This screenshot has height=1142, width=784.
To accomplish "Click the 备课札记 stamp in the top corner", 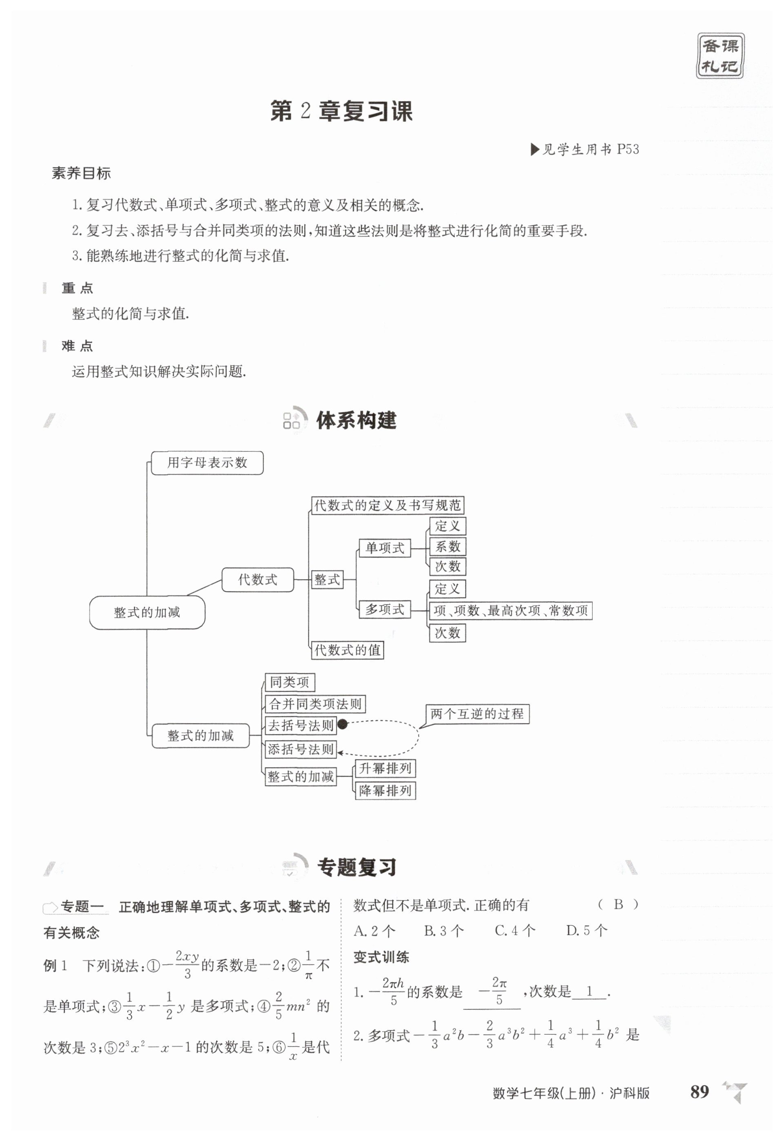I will coord(720,56).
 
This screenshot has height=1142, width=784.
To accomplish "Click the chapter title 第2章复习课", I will coord(341,111).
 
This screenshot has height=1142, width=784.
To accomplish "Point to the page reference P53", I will coord(628,149).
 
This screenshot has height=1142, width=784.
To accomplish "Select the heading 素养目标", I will coord(81,173).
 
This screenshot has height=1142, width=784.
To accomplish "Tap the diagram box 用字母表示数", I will coord(207,463).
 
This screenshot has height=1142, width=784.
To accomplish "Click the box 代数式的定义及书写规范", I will coord(388,505).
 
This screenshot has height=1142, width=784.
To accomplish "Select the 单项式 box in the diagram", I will coord(384,548).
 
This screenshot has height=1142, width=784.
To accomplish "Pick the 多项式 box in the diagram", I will coord(384,610).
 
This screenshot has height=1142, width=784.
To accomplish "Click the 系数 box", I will coord(447,547).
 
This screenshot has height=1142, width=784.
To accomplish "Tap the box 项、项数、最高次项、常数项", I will coord(510,611).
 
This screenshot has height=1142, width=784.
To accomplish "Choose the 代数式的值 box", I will coord(348,650).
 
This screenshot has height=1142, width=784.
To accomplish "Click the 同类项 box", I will coord(290,682).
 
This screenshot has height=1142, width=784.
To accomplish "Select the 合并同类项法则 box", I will coord(315,704).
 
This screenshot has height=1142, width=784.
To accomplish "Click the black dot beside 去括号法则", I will coord(343,724).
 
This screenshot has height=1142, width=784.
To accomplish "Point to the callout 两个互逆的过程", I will coord(477,714).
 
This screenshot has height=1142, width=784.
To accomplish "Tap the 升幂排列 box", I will coord(385,768).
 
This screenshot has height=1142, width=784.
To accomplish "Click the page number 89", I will coord(700,1092).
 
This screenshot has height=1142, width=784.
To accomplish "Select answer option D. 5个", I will coord(587,930).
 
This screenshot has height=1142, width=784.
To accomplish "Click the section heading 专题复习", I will coord(357,868).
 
